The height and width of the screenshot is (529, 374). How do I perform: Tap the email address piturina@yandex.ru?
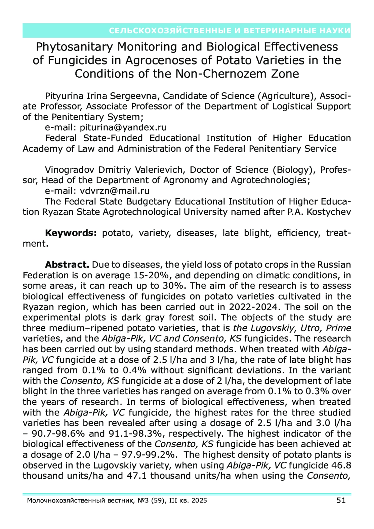coord(123,127)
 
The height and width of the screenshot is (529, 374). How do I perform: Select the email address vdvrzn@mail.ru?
coord(114,191)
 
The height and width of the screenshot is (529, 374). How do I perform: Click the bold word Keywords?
coord(71,233)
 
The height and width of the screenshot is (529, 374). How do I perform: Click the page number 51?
coord(341,501)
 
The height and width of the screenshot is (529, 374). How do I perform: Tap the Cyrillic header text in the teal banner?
coord(230,31)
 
